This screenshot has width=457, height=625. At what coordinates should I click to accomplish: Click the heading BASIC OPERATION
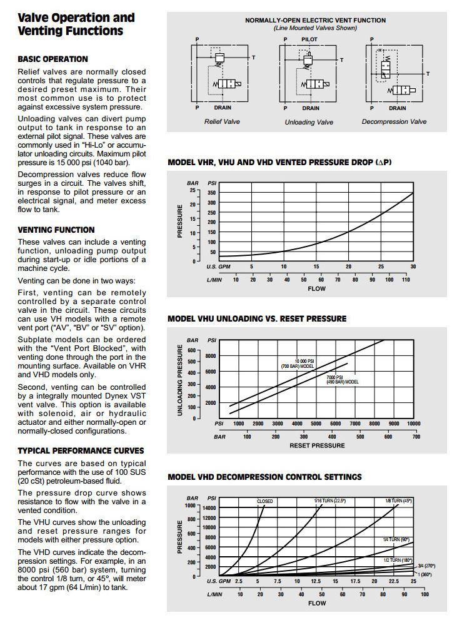point(53,59)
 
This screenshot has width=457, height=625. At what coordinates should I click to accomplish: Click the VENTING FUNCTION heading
point(56,230)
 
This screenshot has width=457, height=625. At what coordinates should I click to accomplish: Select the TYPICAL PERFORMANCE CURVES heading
point(81,450)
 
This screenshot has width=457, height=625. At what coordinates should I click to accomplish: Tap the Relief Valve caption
point(222,121)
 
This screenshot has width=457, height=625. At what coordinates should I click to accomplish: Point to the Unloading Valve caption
point(309,122)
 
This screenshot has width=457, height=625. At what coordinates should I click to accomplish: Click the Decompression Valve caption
point(394,121)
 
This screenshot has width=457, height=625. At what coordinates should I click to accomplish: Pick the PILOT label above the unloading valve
point(309,39)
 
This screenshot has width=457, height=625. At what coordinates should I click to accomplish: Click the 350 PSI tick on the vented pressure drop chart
point(212,193)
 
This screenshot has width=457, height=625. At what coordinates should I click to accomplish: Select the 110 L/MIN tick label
point(405,279)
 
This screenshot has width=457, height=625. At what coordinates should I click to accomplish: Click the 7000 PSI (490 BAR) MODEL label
point(341,379)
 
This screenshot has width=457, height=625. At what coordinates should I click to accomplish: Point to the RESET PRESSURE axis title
point(317,445)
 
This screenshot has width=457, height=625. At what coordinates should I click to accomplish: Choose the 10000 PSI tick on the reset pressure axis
point(413,424)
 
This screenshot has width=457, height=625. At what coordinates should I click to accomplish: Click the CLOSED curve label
point(265,501)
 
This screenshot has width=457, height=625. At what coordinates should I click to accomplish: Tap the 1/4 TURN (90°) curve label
point(396,539)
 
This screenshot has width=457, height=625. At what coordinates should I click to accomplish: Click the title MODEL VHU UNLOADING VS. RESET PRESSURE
point(257,318)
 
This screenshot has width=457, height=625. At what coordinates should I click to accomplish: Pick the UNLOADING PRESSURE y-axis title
point(181,382)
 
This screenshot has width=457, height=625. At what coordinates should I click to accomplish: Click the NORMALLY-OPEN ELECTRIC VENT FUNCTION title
point(315,21)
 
